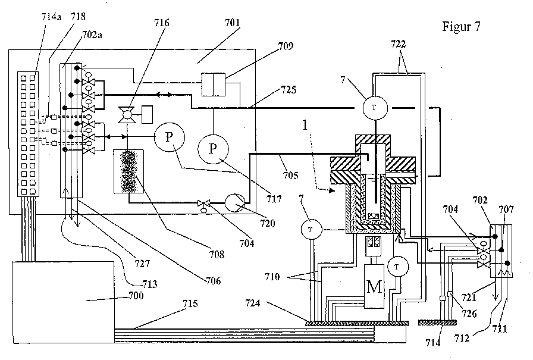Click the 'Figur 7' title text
[461, 27]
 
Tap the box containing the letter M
[374, 286]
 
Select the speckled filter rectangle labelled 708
[128, 171]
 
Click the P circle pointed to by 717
[213, 149]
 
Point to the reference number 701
[233, 23]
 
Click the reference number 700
[136, 295]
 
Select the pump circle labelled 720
[235, 203]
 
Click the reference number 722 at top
[398, 44]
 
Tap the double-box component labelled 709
[213, 84]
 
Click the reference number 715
[190, 303]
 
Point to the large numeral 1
[305, 125]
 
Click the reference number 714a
[51, 16]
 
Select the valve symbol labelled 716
[126, 115]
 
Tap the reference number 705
[291, 175]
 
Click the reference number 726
[469, 313]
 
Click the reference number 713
[149, 284]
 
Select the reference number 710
[272, 277]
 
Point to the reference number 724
[253, 302]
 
